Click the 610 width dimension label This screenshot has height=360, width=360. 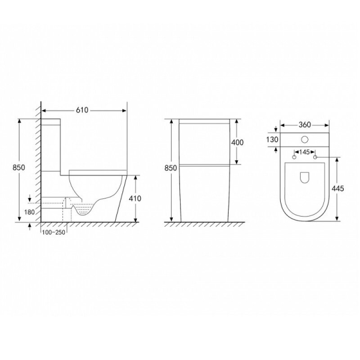click(x=82, y=110)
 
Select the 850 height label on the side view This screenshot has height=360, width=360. click(x=18, y=167)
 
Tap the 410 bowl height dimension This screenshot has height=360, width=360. click(x=135, y=198)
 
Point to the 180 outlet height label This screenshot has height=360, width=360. click(x=29, y=212)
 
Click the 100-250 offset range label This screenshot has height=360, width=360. click(x=54, y=232)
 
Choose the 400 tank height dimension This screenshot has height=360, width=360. click(x=237, y=143)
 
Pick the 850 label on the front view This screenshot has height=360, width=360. click(x=171, y=168)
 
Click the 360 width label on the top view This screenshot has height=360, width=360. click(x=305, y=125)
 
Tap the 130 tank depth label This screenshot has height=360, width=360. click(x=272, y=139)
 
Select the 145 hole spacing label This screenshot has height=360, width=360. click(x=305, y=152)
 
